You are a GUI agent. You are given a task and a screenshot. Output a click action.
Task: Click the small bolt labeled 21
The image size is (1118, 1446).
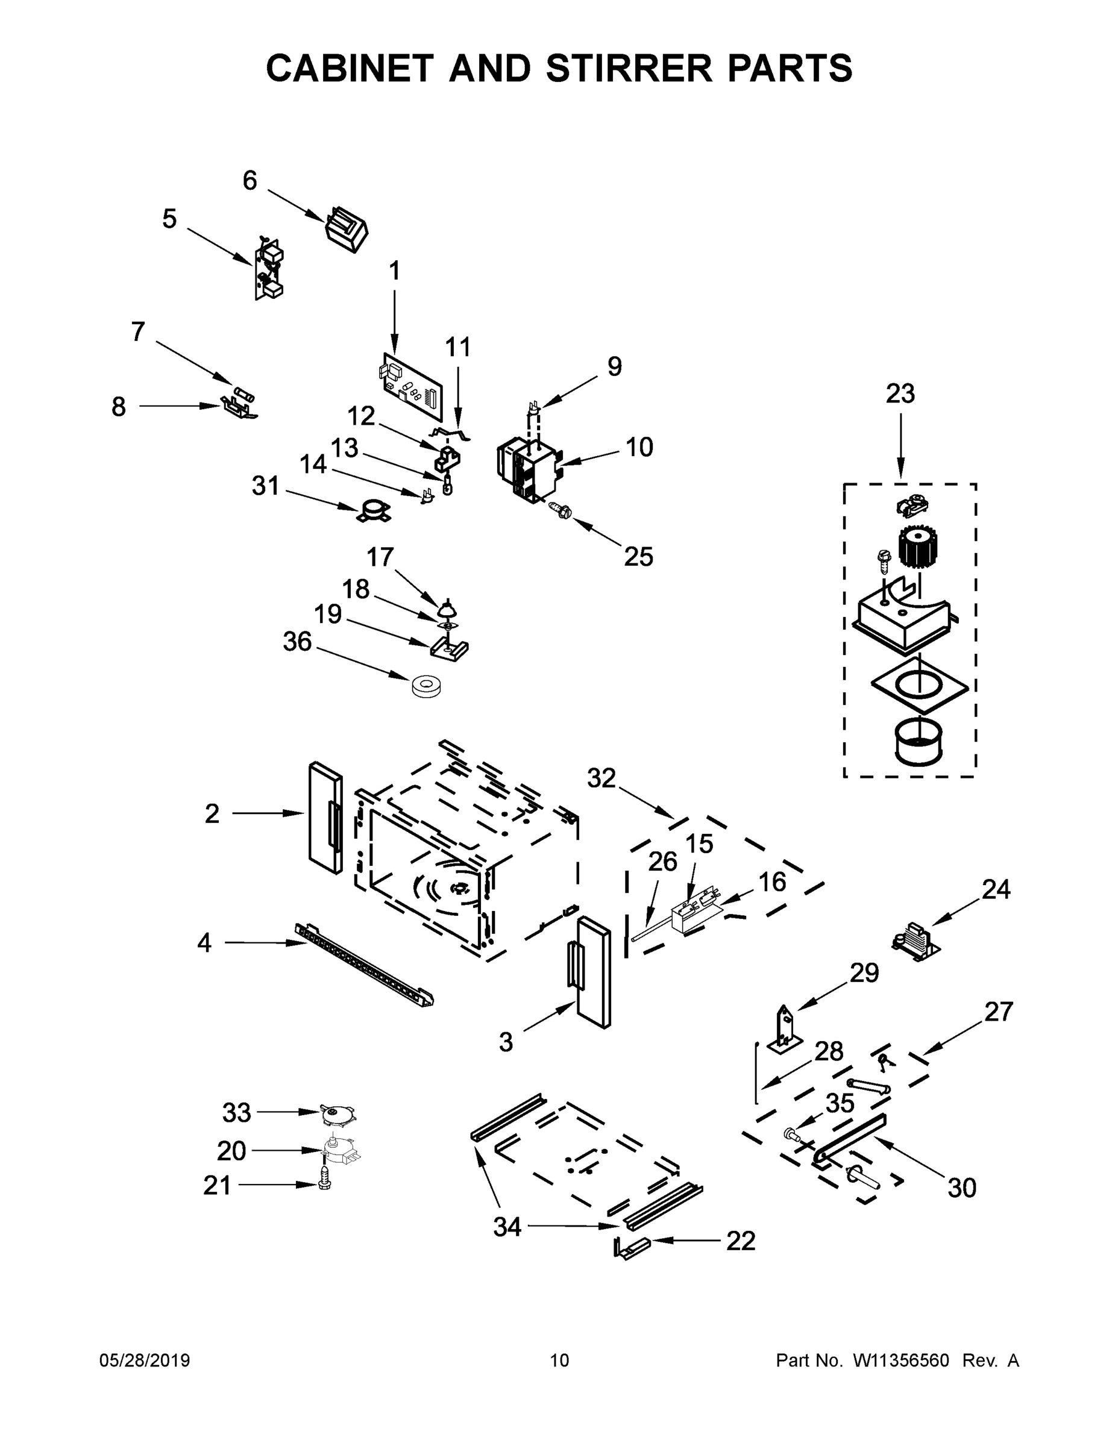[324, 1185]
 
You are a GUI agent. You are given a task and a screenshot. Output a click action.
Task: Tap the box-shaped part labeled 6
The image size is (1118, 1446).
[347, 229]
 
